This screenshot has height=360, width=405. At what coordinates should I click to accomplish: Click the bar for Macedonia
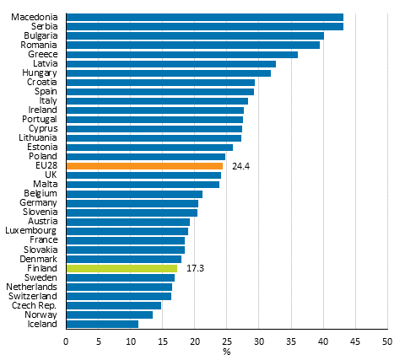click(204, 17)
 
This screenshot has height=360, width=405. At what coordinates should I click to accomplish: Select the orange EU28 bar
click(144, 166)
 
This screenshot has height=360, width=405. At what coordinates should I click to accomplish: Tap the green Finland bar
click(121, 268)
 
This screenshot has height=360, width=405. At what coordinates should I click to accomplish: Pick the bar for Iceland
click(102, 324)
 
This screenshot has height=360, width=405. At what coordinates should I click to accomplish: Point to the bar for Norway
click(109, 314)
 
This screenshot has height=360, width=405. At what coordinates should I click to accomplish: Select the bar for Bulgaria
click(195, 35)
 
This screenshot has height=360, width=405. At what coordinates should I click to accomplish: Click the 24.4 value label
click(240, 166)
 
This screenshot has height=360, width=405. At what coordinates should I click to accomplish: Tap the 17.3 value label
click(195, 268)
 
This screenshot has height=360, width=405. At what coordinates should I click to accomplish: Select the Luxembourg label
click(31, 230)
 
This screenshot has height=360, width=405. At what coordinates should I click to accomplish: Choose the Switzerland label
click(35, 296)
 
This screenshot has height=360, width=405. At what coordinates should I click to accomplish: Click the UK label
click(51, 175)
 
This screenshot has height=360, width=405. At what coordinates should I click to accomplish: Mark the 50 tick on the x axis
click(386, 341)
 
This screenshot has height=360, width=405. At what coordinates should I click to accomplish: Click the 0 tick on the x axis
click(66, 341)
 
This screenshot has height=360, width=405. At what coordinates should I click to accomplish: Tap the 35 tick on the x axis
click(290, 341)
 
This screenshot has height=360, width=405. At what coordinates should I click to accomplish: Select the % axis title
click(226, 352)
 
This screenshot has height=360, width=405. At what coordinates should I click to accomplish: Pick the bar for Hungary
click(168, 73)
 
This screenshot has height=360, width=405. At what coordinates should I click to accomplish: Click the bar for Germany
click(132, 203)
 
